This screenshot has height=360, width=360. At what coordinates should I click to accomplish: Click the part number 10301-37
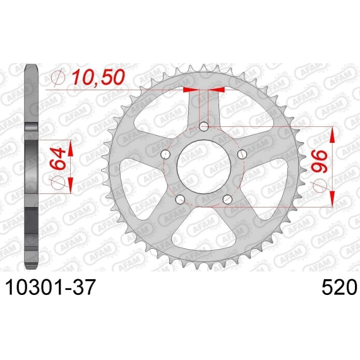(50, 287)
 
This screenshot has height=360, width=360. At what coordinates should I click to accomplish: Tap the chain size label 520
(340, 287)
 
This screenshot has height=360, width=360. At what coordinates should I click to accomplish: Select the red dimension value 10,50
(98, 77)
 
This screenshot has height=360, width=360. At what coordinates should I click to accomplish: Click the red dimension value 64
(57, 158)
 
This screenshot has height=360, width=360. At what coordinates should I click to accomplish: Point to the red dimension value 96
(320, 162)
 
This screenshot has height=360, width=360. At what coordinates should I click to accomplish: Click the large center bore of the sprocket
(204, 167)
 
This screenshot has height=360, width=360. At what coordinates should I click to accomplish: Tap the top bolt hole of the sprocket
(203, 126)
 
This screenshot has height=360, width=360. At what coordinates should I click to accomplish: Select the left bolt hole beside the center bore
(165, 154)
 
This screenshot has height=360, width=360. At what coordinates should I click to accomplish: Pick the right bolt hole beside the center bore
(242, 154)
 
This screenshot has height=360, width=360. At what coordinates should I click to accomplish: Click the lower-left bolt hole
(180, 199)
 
